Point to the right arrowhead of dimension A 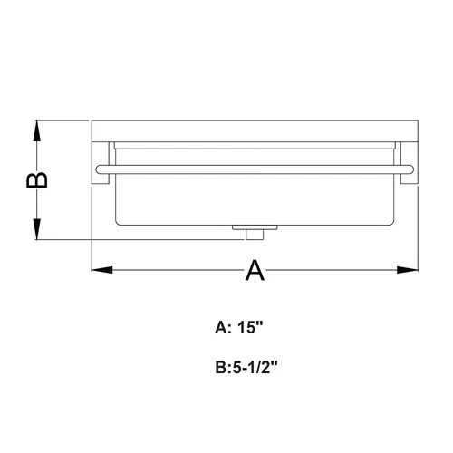pos(407,269)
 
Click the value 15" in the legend pos(254,331)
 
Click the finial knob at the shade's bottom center pos(253,235)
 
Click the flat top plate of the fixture pos(254,130)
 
